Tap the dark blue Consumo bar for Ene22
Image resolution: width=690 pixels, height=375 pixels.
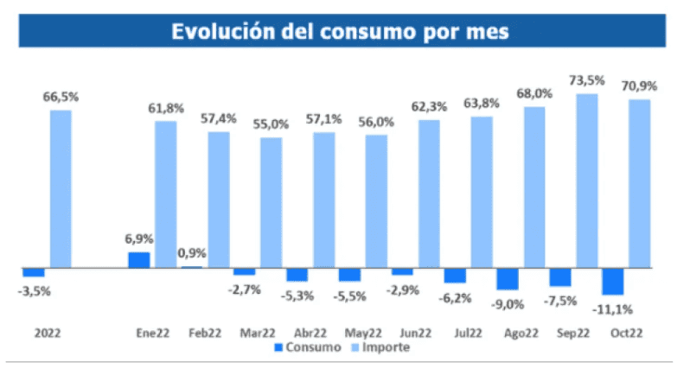(x=138, y=259)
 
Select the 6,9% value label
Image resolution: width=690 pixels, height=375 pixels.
(x=138, y=238)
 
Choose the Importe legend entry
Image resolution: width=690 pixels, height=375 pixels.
(x=385, y=347)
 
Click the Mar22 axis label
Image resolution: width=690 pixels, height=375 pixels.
(x=257, y=332)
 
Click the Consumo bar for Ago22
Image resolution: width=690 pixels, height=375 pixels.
(x=507, y=278)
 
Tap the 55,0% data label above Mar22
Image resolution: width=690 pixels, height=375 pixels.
(x=271, y=124)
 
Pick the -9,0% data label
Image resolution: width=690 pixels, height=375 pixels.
(x=507, y=302)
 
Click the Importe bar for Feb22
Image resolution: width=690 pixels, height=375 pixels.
(x=219, y=199)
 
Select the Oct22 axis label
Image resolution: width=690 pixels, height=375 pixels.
(x=625, y=332)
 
